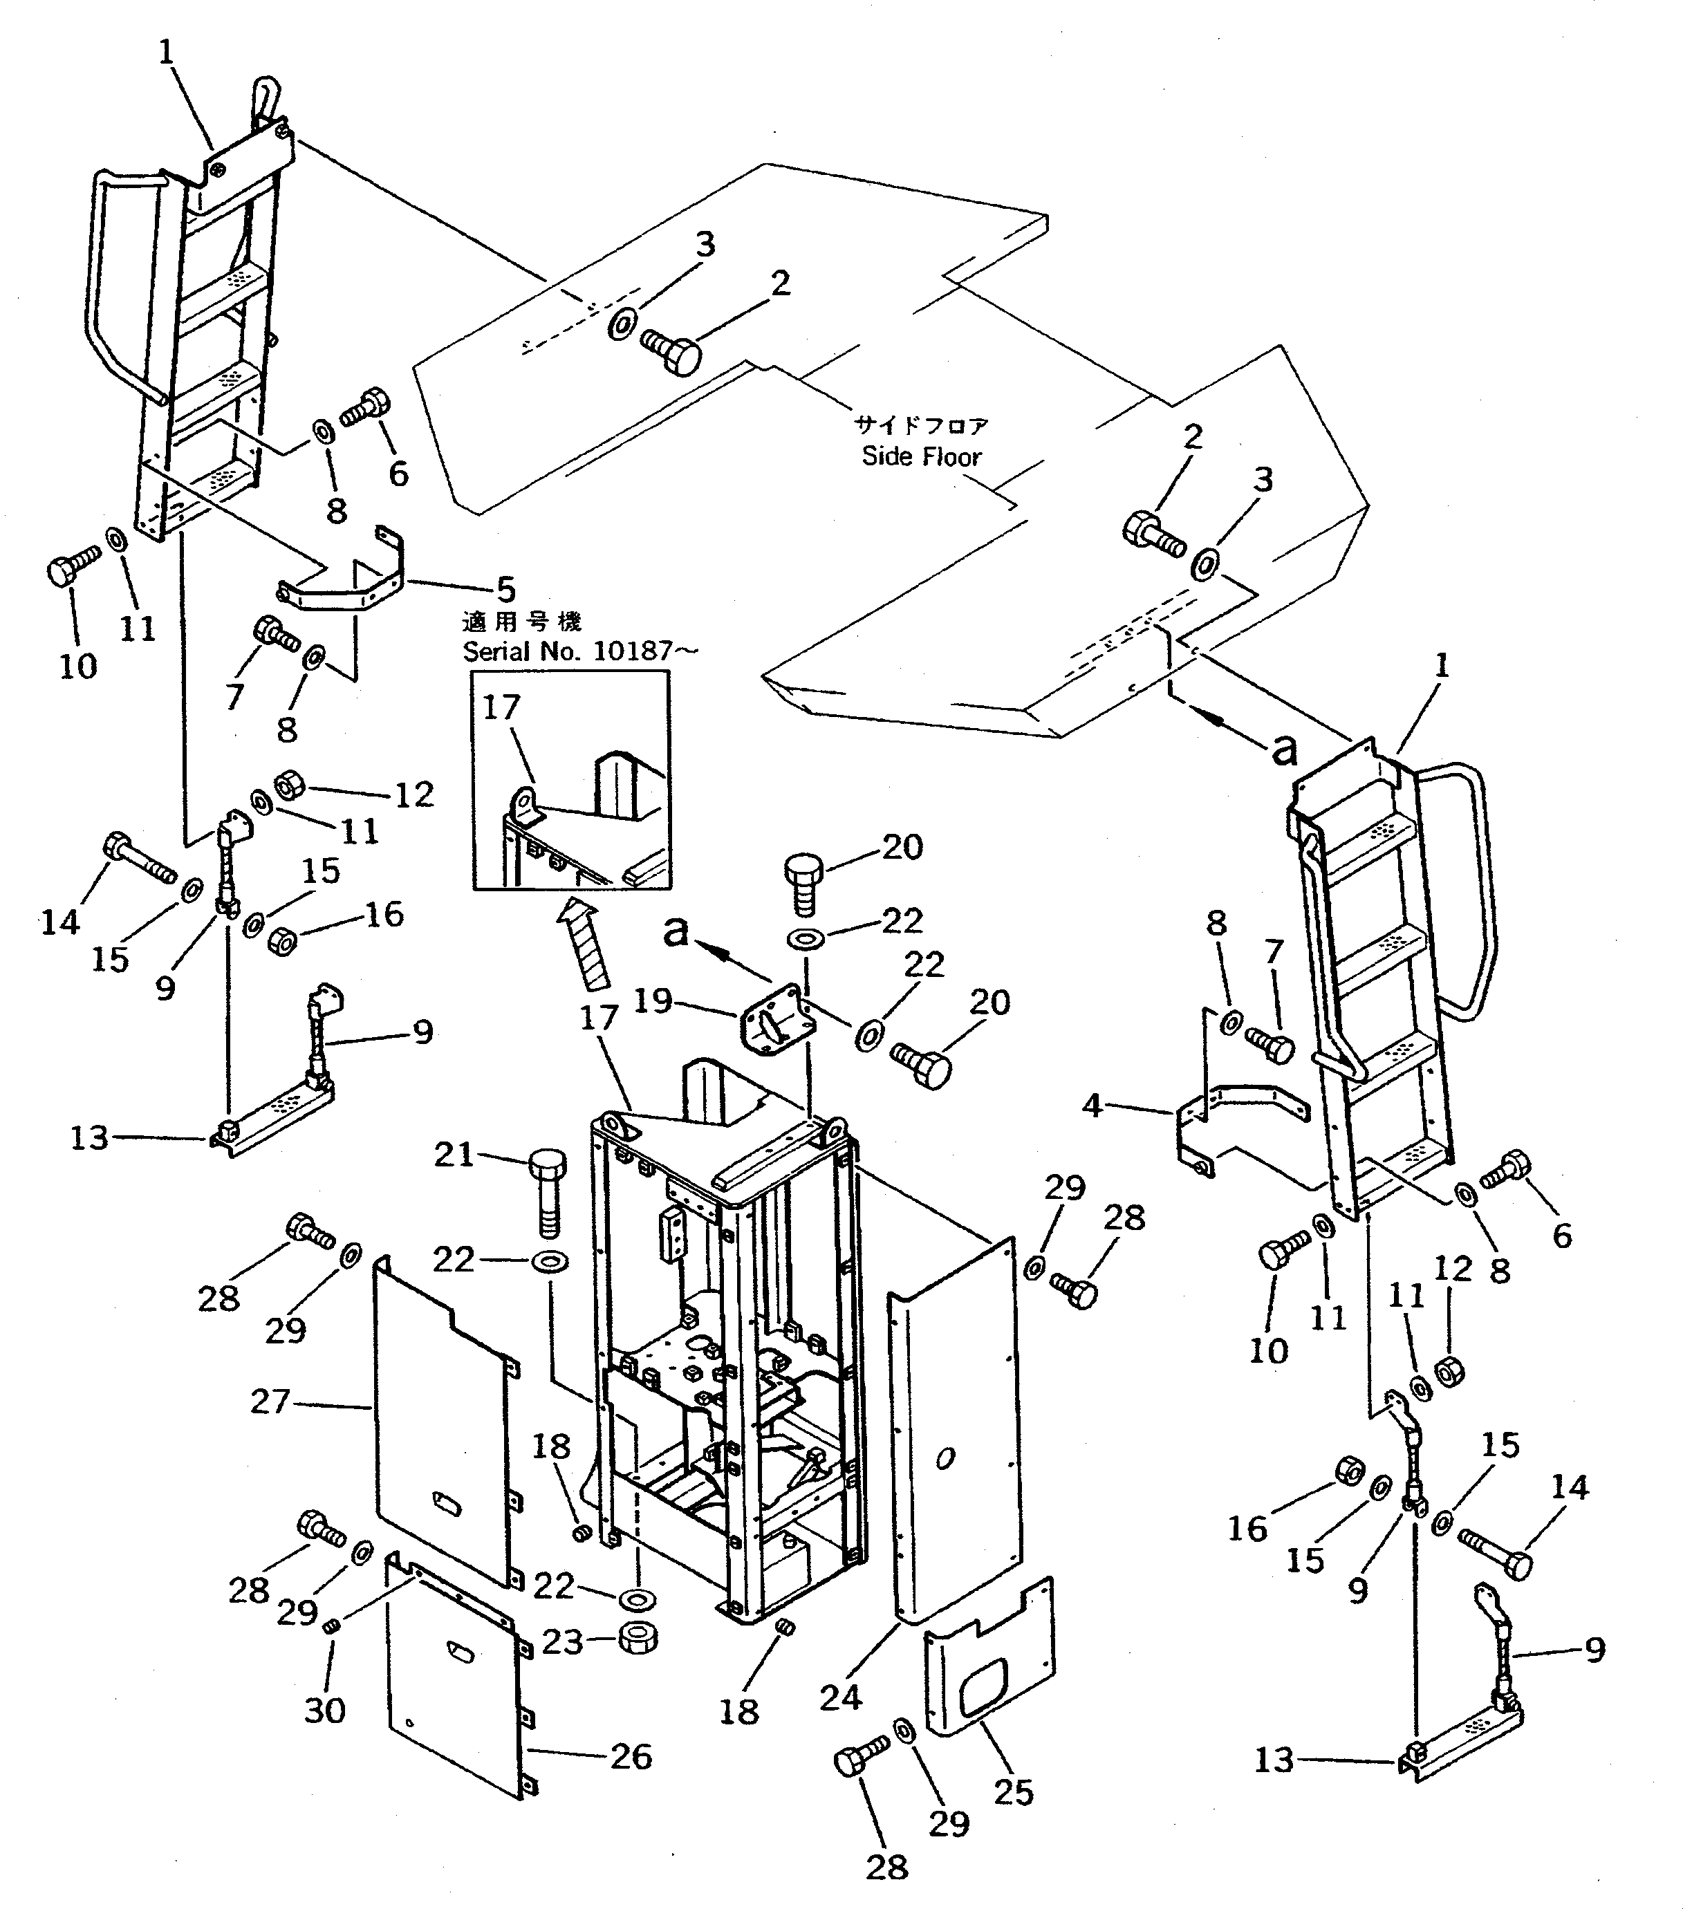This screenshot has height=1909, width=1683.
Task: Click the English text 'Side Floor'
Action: coord(921,457)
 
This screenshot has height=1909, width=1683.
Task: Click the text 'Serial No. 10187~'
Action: coord(579,651)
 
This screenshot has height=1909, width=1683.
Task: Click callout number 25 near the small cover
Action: coord(1014,1791)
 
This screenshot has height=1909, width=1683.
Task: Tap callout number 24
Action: coord(841,1697)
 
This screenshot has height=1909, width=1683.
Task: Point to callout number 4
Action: coord(1092,1106)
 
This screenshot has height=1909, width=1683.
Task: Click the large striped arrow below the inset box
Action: coord(585,943)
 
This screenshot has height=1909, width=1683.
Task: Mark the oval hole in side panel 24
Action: coord(945,1458)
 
